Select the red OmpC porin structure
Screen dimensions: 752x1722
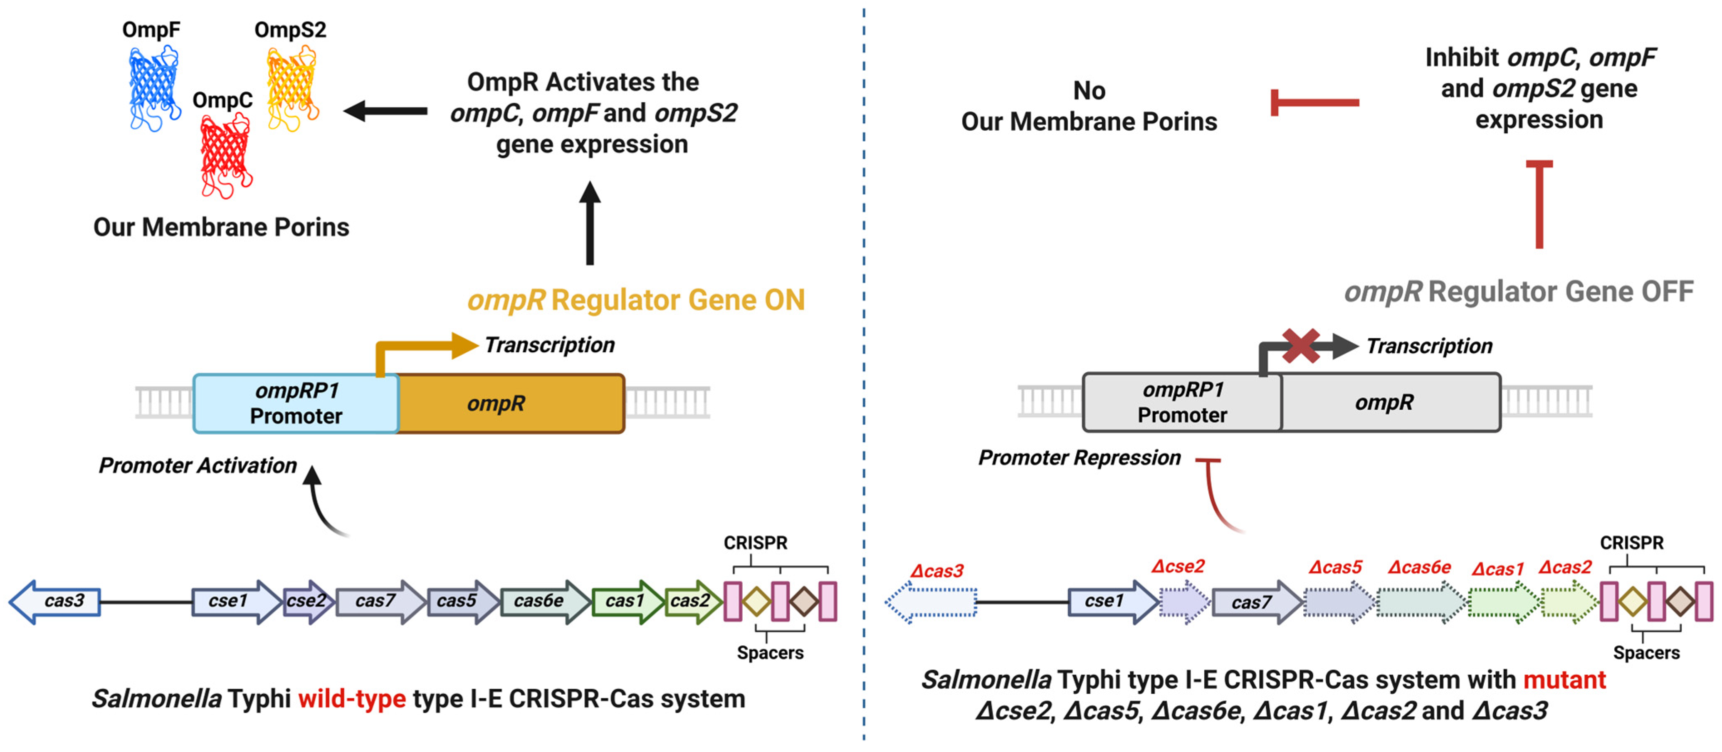225,157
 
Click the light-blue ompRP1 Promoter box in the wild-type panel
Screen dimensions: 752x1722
296,403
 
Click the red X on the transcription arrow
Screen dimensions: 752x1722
1300,346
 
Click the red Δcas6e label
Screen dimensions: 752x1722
1418,567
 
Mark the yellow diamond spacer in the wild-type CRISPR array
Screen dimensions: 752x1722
757,601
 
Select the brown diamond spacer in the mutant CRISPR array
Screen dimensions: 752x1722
1680,601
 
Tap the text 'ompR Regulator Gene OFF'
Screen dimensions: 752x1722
1519,292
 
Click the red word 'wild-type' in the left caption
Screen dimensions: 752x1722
352,699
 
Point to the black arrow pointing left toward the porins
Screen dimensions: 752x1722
386,111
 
